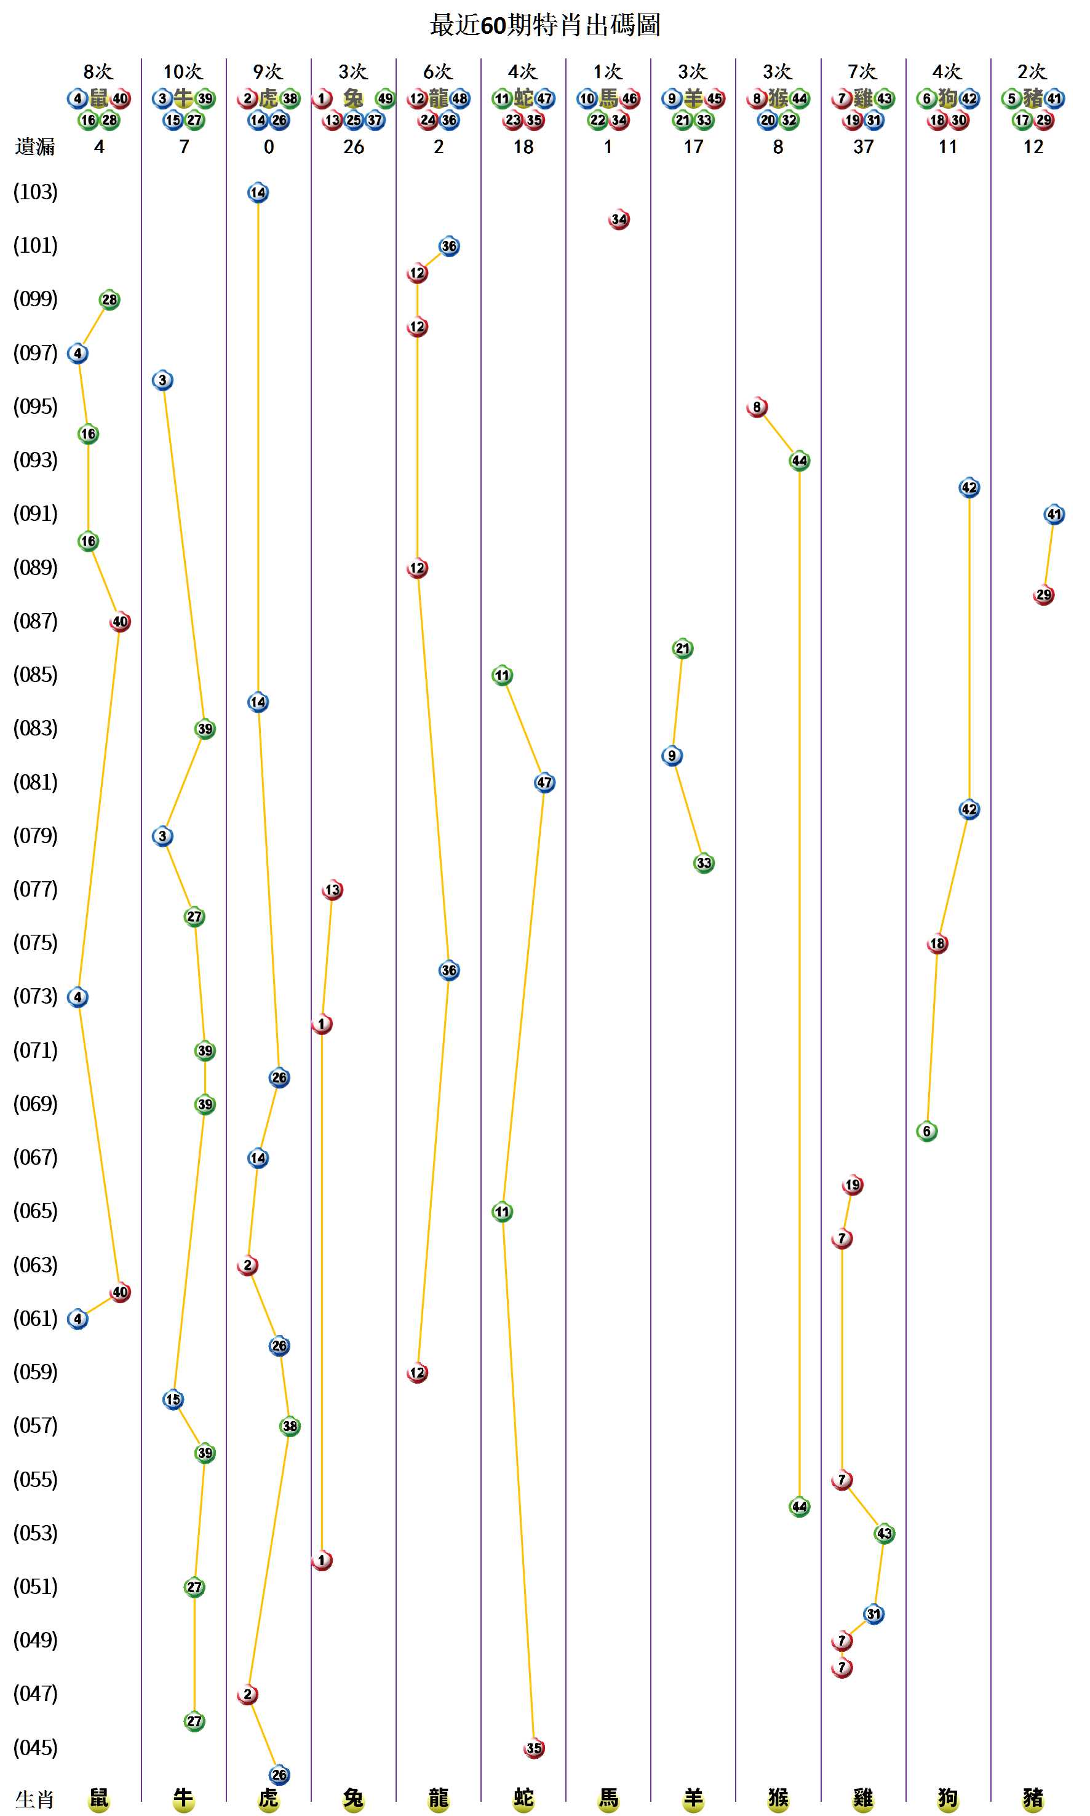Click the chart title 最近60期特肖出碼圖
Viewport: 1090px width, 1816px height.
pyautogui.click(x=544, y=25)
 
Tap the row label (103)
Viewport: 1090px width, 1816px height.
pyautogui.click(x=35, y=192)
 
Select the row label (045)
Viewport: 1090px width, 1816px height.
pyautogui.click(x=35, y=1747)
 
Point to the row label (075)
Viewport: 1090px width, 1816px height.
pyautogui.click(x=35, y=942)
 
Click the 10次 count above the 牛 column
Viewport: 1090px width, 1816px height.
pyautogui.click(x=183, y=71)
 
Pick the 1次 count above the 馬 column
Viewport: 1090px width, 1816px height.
pyautogui.click(x=607, y=71)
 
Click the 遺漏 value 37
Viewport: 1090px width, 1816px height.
pyautogui.click(x=863, y=147)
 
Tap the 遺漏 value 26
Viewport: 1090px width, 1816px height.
pyautogui.click(x=353, y=147)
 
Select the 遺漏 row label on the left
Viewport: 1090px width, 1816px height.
pyautogui.click(x=35, y=147)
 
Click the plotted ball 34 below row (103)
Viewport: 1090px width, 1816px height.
pyautogui.click(x=619, y=219)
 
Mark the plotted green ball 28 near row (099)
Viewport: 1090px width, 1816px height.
pyautogui.click(x=109, y=299)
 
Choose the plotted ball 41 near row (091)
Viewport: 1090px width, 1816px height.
pyautogui.click(x=1054, y=514)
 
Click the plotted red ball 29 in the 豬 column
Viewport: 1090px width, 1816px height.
pyautogui.click(x=1044, y=595)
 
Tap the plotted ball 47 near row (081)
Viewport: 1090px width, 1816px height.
pyautogui.click(x=544, y=782)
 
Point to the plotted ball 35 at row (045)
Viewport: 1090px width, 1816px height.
pyautogui.click(x=534, y=1748)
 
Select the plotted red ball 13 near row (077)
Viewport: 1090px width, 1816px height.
pyautogui.click(x=333, y=890)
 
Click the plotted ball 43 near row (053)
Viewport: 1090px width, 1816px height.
pyautogui.click(x=885, y=1533)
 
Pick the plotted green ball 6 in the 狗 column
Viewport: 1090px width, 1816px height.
pyautogui.click(x=927, y=1131)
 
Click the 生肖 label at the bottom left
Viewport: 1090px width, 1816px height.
pyautogui.click(x=35, y=1799)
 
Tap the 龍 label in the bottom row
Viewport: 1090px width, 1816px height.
pyautogui.click(x=439, y=1798)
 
